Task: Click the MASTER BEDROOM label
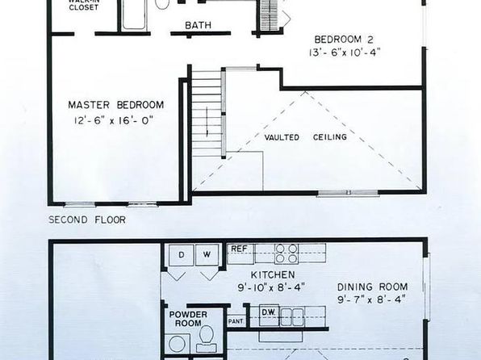pyautogui.click(x=115, y=105)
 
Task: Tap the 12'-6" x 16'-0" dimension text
pyautogui.click(x=114, y=120)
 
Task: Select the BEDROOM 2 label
pyautogui.click(x=344, y=40)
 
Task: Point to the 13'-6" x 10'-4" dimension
pyautogui.click(x=345, y=52)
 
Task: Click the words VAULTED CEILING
pyautogui.click(x=306, y=137)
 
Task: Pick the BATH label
pyautogui.click(x=199, y=25)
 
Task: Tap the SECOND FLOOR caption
pyautogui.click(x=87, y=220)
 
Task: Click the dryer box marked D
pyautogui.click(x=182, y=255)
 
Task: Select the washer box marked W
pyautogui.click(x=207, y=255)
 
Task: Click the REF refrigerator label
pyautogui.click(x=239, y=249)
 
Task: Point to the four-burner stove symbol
pyautogui.click(x=287, y=253)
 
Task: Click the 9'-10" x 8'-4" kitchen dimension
pyautogui.click(x=271, y=287)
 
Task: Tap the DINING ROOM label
pyautogui.click(x=372, y=287)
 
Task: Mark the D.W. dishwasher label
pyautogui.click(x=269, y=312)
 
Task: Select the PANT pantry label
pyautogui.click(x=236, y=321)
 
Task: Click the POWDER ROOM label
pyautogui.click(x=188, y=319)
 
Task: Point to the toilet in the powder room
pyautogui.click(x=206, y=338)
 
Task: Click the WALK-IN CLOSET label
pyautogui.click(x=83, y=5)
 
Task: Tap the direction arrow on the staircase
pyautogui.click(x=207, y=122)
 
